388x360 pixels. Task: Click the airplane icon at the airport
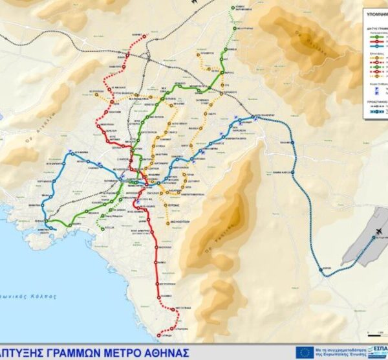378,232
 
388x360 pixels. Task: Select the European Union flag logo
305,352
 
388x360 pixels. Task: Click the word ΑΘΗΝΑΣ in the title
165,353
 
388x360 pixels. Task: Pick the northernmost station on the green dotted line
232,7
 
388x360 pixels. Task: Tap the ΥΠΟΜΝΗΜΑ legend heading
375,12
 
